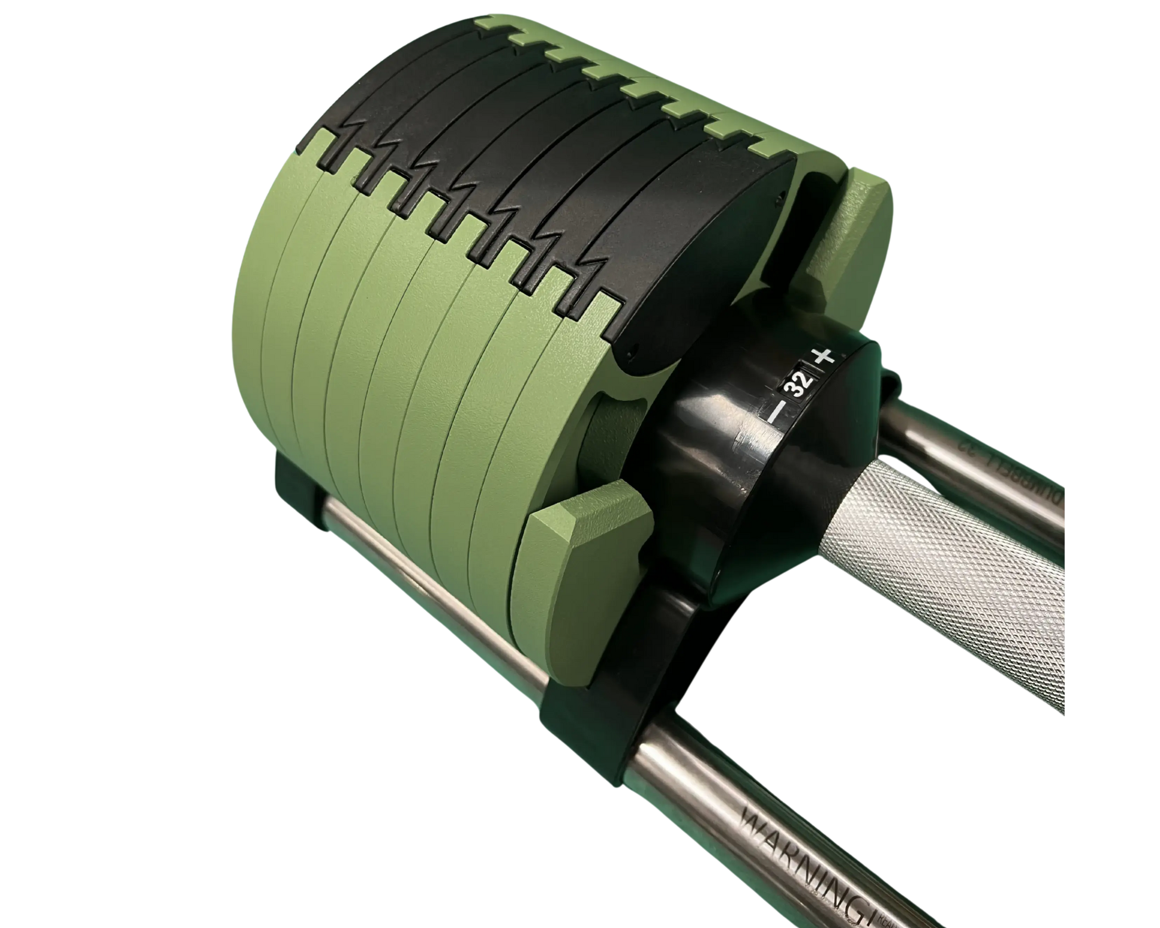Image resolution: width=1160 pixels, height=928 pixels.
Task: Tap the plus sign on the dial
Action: tap(824, 358)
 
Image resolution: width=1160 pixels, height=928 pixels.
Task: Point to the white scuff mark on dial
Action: tap(745, 442)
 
